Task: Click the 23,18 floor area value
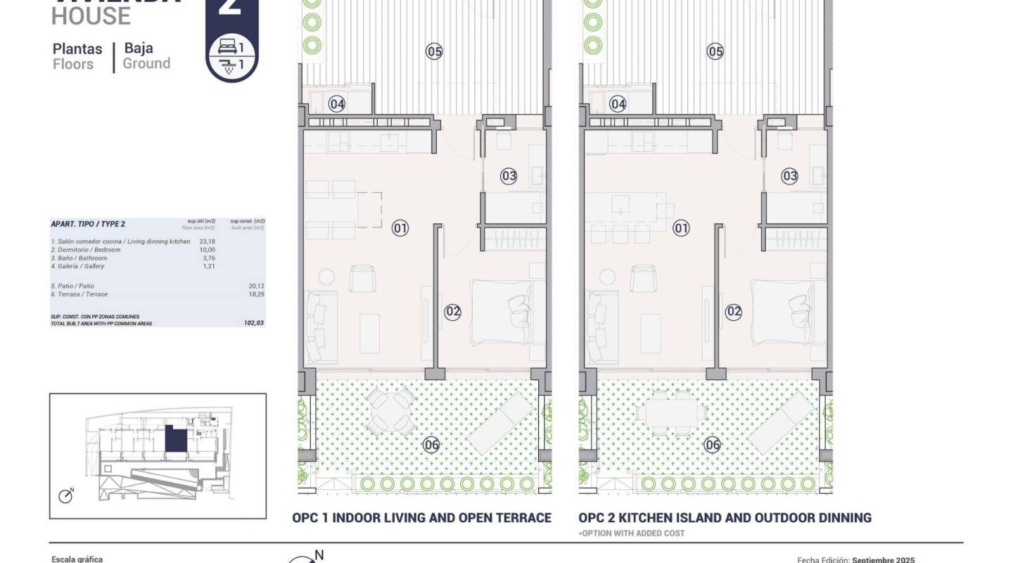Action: click(207, 241)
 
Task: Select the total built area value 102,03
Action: click(253, 323)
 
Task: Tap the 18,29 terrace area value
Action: click(255, 294)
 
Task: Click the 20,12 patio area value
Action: click(255, 286)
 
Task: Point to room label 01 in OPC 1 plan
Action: click(400, 227)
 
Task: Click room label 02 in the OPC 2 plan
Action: click(734, 311)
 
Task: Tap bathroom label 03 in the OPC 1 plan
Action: click(509, 176)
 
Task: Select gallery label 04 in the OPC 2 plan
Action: click(618, 104)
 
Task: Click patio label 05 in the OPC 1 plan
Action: click(434, 51)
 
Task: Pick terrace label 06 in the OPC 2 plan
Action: click(713, 444)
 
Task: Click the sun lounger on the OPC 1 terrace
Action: click(501, 422)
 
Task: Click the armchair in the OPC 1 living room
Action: click(363, 279)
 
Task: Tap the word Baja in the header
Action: click(139, 49)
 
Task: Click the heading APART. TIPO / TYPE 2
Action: click(88, 224)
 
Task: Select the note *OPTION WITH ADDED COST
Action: click(631, 533)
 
